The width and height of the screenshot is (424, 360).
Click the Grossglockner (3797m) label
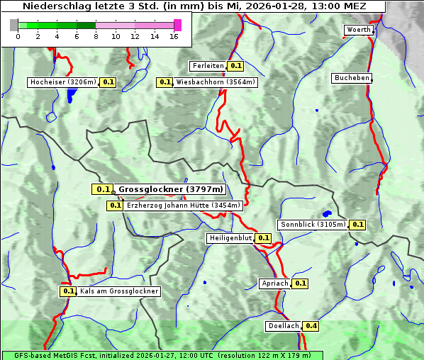coord(170,189)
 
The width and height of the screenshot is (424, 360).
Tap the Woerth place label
coord(358,30)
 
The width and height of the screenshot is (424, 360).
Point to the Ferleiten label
coord(208,66)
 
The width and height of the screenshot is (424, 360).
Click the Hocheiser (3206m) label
coord(63,82)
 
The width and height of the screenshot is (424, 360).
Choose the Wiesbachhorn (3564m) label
coord(216,82)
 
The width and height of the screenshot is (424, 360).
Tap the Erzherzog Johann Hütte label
coord(184,206)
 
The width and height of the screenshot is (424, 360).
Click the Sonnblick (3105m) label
coord(313,225)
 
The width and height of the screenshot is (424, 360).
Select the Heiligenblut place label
coord(230,238)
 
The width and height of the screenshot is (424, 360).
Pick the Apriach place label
coord(275,283)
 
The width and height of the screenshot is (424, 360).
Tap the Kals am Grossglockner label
coord(118,291)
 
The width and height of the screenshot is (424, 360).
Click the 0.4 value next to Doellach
coord(311,327)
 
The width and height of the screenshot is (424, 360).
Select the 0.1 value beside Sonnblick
coord(357,225)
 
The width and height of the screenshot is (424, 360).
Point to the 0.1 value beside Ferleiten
coord(236,66)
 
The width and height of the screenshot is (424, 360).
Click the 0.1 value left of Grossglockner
coord(103,189)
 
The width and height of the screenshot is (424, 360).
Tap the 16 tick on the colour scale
coord(174,36)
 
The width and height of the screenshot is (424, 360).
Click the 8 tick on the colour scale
coord(96,36)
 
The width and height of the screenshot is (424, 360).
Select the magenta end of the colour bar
coord(177,25)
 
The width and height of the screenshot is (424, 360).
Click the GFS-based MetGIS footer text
coord(162,355)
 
